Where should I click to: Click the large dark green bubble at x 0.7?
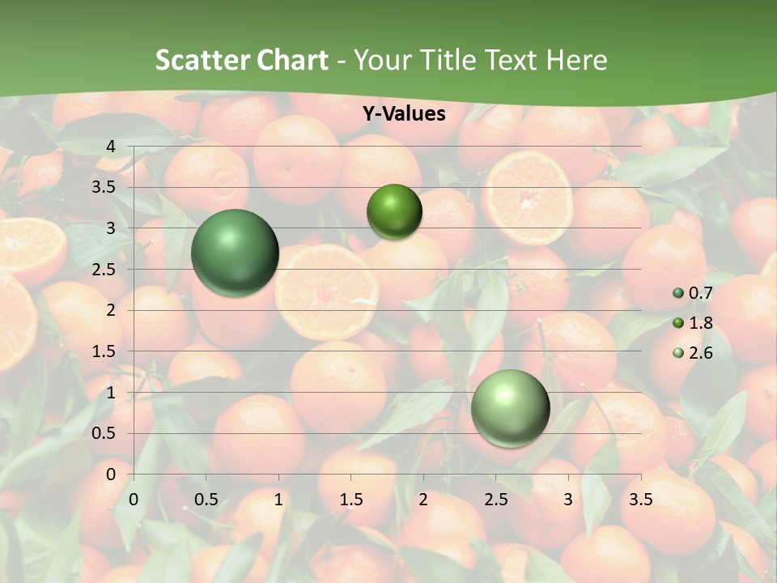236,253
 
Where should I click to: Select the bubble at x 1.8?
394,211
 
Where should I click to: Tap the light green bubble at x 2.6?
511,409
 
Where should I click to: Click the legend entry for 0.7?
693,293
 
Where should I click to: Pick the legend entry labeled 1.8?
693,323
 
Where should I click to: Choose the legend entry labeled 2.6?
693,353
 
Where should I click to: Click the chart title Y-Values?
404,114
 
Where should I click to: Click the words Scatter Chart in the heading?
241,60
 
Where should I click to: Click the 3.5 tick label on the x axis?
640,500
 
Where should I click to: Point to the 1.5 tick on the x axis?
350,500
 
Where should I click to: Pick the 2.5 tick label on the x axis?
495,500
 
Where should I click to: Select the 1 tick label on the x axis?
278,500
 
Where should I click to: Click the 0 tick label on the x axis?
134,500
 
